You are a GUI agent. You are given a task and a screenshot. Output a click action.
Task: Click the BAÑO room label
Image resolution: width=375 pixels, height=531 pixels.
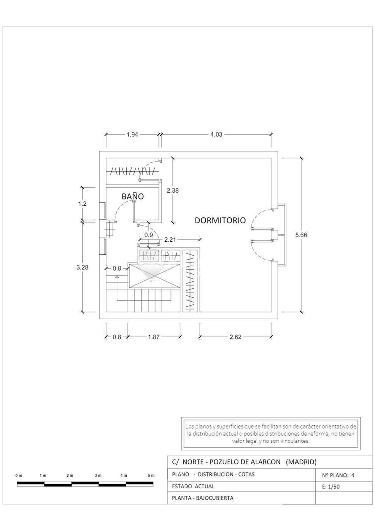[x=133, y=196]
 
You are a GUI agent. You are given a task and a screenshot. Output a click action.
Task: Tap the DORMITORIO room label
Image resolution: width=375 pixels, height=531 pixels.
[x=220, y=220]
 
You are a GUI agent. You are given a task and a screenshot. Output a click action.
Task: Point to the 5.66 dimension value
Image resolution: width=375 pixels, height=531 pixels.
[x=301, y=235]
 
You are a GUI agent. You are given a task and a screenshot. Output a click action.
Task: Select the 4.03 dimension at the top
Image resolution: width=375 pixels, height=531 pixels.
[x=216, y=134]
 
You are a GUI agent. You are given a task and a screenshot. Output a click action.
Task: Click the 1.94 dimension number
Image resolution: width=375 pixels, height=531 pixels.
[x=132, y=134]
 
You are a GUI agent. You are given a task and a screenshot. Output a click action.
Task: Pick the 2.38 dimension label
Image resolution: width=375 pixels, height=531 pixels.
[x=173, y=190]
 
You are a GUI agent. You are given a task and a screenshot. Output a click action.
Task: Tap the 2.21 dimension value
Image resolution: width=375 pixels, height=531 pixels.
[x=170, y=240]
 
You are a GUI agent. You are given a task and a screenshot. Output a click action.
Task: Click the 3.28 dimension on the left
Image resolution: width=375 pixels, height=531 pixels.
[x=82, y=267]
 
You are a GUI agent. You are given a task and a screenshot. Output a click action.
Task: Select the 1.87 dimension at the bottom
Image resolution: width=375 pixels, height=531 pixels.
[x=154, y=337]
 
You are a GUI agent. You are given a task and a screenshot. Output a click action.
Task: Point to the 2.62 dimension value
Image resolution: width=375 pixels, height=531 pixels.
[x=235, y=337]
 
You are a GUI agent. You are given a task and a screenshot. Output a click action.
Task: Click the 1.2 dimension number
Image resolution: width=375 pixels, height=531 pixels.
[x=83, y=204]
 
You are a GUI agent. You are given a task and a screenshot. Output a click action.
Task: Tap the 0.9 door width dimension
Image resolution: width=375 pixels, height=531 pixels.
[x=149, y=235]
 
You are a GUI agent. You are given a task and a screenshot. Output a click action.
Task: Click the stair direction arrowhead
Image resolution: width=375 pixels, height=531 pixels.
[x=117, y=276]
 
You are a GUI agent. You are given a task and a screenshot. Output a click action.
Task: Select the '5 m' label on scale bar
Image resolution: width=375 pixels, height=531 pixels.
[x=151, y=476]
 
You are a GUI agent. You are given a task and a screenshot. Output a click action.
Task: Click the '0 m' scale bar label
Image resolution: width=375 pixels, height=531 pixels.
[x=19, y=476]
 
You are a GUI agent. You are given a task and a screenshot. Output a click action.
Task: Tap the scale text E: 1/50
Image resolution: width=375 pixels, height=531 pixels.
[x=331, y=487]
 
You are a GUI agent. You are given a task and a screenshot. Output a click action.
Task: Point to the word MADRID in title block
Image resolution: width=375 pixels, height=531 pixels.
[x=301, y=462]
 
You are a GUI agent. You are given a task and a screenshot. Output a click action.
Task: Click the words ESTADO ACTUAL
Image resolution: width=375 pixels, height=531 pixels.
[x=193, y=487]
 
